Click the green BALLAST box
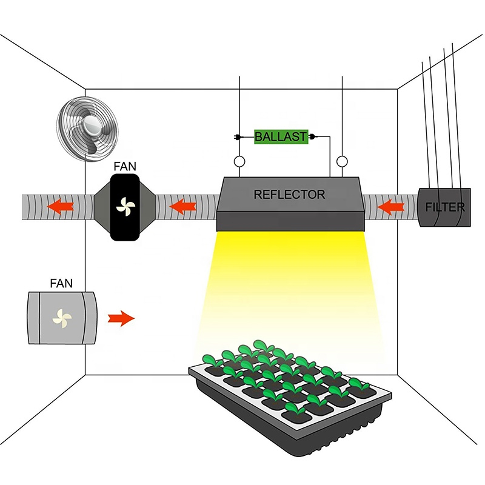[281, 137]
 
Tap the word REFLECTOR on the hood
[290, 195]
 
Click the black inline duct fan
[124, 207]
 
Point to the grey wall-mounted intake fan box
[62, 317]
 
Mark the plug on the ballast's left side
[238, 138]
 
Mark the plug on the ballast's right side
[312, 137]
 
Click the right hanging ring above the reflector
[343, 162]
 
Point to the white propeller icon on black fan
[124, 207]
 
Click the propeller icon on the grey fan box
[61, 316]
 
